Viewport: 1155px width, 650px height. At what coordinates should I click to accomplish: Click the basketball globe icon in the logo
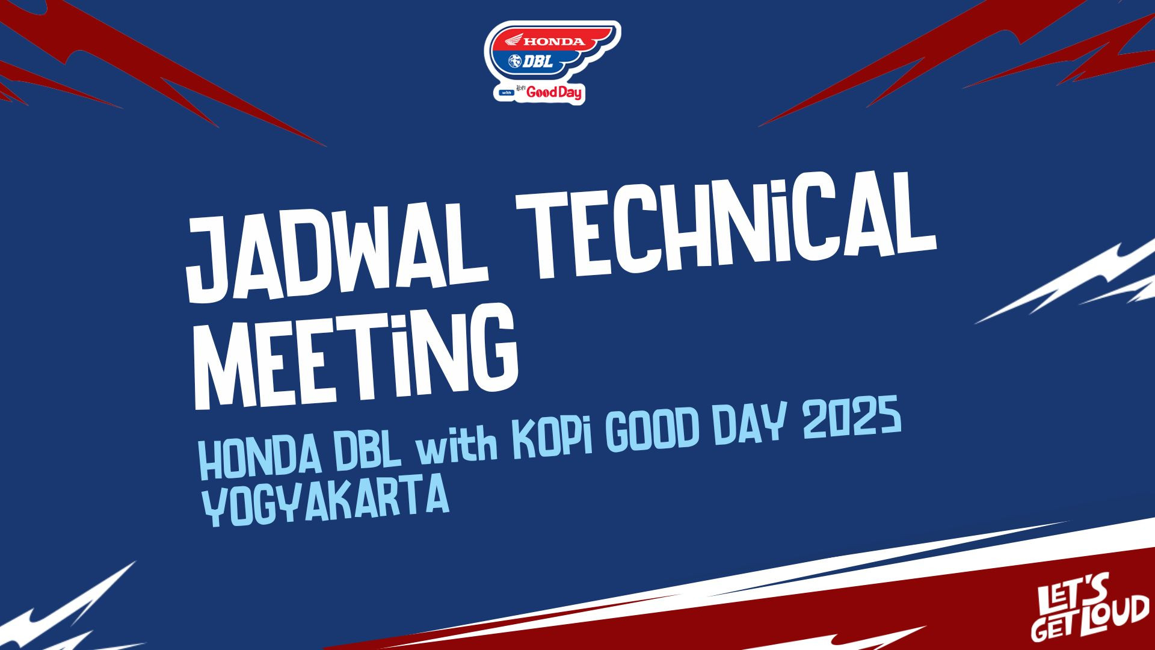516,61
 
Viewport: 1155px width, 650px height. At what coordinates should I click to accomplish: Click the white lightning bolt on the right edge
1065,283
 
